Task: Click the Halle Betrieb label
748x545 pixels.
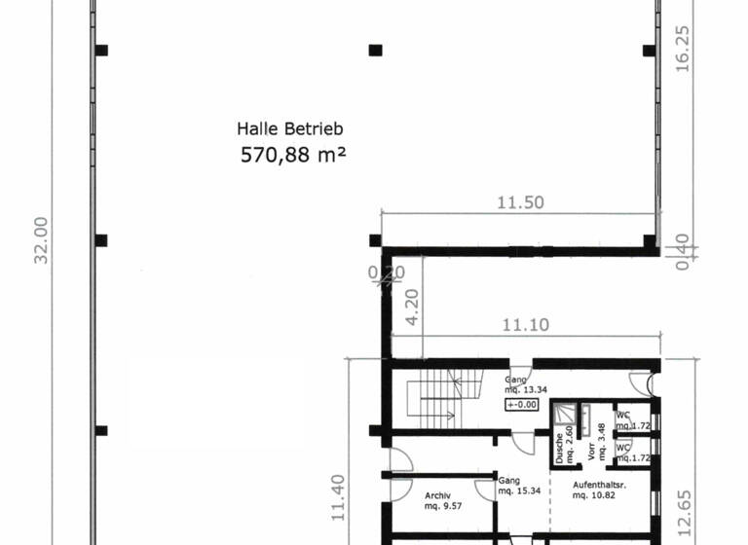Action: (290, 128)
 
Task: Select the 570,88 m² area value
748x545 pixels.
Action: (293, 154)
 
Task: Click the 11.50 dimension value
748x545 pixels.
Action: (520, 203)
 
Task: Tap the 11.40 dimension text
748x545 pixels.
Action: (337, 498)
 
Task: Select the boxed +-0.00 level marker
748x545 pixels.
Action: (522, 404)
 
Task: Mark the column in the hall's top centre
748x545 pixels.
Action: (375, 50)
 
